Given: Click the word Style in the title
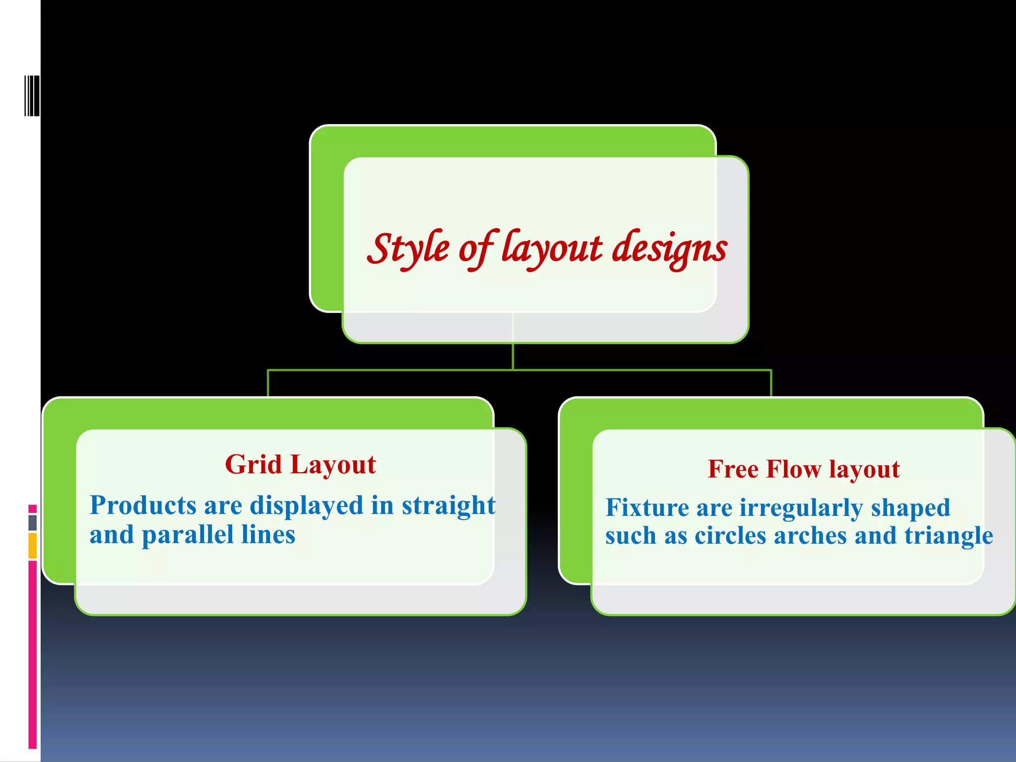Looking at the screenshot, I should [x=408, y=249].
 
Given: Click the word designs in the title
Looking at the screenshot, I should [x=670, y=249].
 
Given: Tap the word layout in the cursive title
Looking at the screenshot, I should [x=552, y=249].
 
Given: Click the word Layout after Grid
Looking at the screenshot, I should [x=333, y=465].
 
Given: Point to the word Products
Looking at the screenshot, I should [x=143, y=506].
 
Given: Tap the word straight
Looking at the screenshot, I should [x=448, y=506].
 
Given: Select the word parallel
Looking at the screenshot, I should [x=188, y=535].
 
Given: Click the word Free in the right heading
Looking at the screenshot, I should [x=733, y=469].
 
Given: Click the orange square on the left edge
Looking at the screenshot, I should [x=32, y=545].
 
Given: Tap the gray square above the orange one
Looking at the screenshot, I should [x=32, y=522].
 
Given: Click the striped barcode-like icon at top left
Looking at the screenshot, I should [x=32, y=96].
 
